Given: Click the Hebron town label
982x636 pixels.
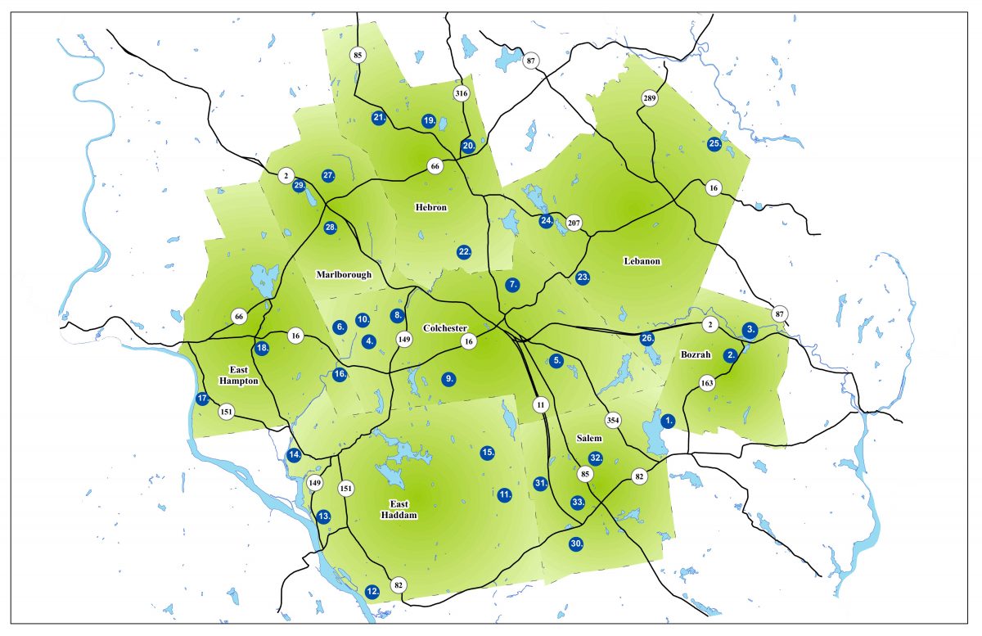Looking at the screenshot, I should [x=430, y=208].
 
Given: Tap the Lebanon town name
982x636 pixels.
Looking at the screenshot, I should [x=642, y=261].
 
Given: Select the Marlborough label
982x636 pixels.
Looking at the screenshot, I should [x=344, y=275].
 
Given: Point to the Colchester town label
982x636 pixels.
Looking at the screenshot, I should [x=445, y=328].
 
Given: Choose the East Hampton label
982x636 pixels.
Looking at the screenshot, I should [x=238, y=375].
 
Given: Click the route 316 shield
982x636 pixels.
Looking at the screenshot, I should [x=461, y=93].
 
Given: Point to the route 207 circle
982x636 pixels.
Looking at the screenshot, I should [x=574, y=223].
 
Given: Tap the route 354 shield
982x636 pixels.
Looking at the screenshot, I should [x=613, y=420].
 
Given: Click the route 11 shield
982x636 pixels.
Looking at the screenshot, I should [x=540, y=404].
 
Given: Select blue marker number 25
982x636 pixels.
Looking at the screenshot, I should [x=714, y=144].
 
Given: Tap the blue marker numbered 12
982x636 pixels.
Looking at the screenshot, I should [x=372, y=591].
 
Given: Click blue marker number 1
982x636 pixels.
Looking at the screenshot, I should [x=668, y=421].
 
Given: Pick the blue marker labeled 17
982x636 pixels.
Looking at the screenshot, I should [x=203, y=399].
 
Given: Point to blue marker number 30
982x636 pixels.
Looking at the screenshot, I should [x=576, y=544].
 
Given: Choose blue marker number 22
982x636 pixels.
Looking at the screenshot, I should [x=464, y=251].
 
